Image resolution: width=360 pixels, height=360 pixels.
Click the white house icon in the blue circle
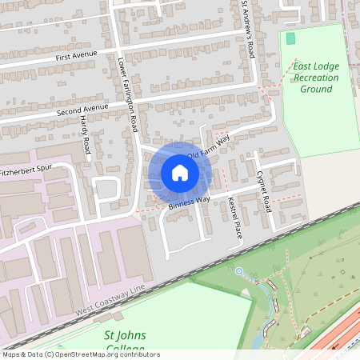point(180,173)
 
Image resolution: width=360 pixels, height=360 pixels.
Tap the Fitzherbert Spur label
point(30,171)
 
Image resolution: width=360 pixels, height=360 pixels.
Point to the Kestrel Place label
point(234,218)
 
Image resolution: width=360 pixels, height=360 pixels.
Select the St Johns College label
point(126,341)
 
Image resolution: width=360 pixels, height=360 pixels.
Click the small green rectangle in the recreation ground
point(290,38)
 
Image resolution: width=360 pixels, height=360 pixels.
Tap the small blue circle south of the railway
point(238,271)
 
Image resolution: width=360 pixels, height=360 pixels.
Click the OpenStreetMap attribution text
point(81,354)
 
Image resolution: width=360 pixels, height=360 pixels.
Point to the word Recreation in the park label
point(316,78)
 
